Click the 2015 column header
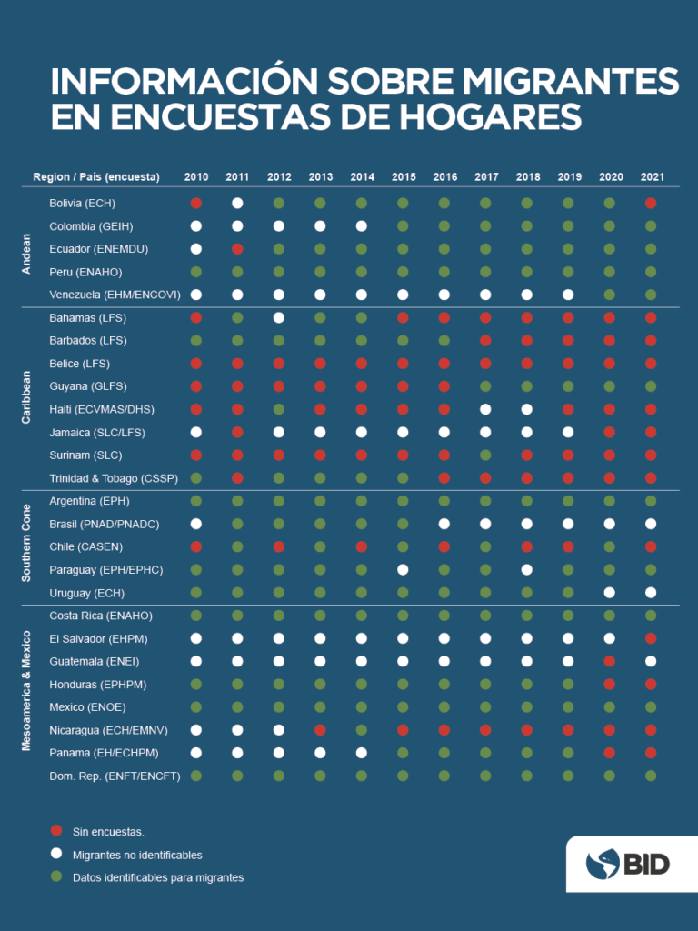[404, 176]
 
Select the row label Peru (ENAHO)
[85, 272]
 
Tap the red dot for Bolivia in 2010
[195, 203]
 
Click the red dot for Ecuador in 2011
[237, 248]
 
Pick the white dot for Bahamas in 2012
[279, 317]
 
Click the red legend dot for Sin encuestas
[56, 831]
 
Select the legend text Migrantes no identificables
[137, 855]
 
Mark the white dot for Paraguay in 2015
[404, 569]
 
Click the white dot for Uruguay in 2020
[609, 592]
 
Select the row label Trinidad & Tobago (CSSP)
[113, 477]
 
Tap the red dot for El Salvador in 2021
[651, 638]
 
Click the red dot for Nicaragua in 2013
[321, 729]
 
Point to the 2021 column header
[651, 176]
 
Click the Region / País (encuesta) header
[96, 176]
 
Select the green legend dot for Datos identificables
[56, 876]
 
